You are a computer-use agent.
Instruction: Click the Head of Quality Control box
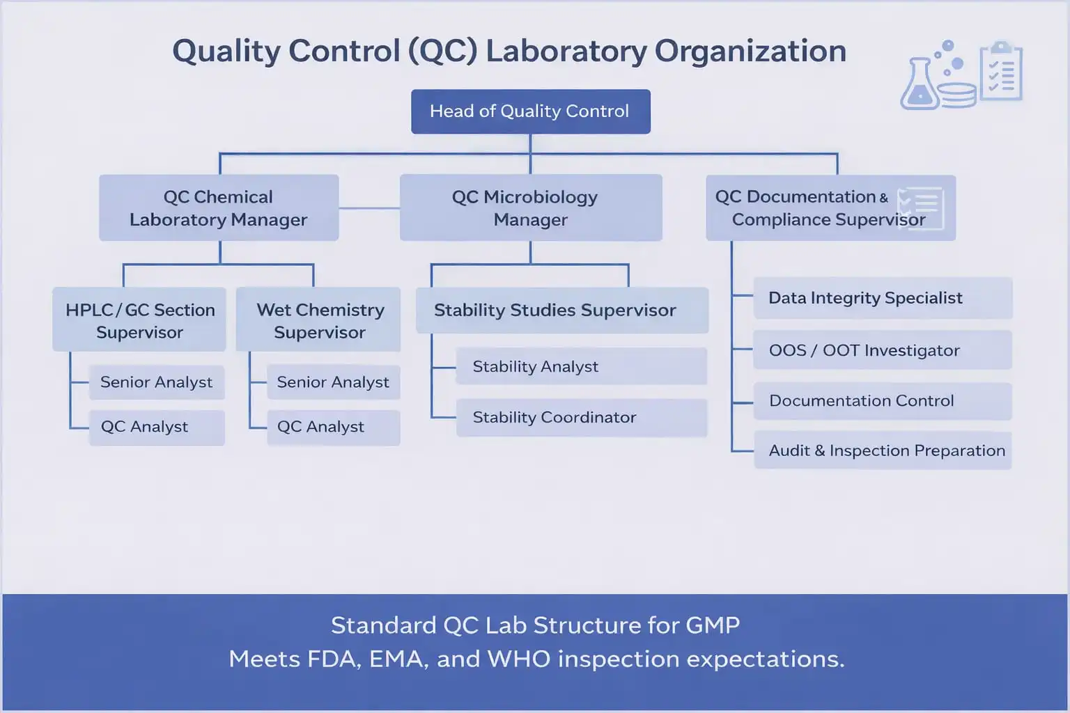point(530,111)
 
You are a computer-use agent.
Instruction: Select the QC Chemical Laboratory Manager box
point(219,208)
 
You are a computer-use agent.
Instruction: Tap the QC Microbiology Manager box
point(530,208)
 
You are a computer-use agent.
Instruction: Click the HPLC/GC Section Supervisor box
point(139,320)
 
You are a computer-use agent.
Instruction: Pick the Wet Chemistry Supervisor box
point(318,320)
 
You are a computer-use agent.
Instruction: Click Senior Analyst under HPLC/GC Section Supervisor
point(157,382)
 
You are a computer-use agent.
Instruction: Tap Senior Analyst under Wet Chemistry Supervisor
point(333,382)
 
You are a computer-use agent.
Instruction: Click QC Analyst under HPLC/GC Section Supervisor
point(157,427)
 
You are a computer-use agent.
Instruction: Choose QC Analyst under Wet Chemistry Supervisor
point(333,427)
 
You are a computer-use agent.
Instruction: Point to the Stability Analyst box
point(581,366)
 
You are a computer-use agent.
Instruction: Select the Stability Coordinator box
point(581,417)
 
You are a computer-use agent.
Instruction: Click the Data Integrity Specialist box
point(882,298)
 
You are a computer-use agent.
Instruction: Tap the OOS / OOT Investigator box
point(882,350)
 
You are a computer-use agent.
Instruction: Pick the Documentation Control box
point(882,401)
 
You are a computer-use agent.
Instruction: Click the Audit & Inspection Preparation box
point(882,450)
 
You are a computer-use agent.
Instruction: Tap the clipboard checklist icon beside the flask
point(1001,72)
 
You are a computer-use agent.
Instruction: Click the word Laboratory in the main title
point(566,52)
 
